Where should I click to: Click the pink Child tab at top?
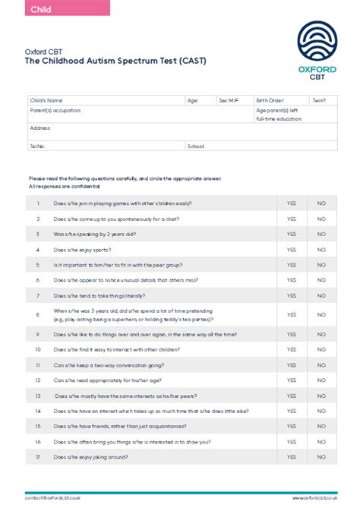(55, 8)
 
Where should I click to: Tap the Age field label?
(193, 100)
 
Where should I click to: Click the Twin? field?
(322, 100)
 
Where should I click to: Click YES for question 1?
(291, 204)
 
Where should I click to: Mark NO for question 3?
(321, 235)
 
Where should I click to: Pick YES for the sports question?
(291, 250)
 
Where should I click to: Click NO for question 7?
(321, 295)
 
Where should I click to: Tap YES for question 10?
(291, 349)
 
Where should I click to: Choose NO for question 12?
(321, 380)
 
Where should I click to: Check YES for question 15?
(291, 426)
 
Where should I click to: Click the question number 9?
(37, 333)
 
